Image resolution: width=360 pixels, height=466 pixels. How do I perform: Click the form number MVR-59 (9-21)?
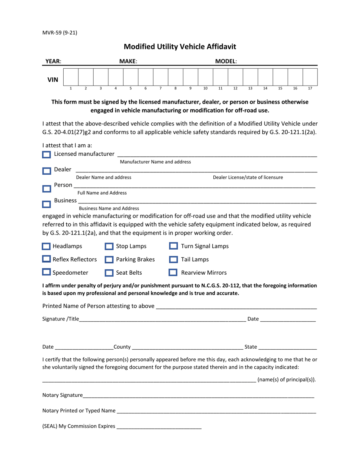point(59,33)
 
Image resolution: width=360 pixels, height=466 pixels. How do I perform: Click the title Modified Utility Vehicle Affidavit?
point(180,47)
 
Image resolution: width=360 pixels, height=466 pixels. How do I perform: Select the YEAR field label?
point(53,61)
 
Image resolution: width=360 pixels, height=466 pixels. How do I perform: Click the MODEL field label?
point(226,61)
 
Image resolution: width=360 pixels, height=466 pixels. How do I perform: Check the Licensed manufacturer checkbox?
point(46,155)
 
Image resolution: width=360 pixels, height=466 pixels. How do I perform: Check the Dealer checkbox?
point(46,171)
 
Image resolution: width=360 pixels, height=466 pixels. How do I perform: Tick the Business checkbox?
point(46,204)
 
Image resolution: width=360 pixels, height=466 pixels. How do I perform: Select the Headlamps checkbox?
point(46,247)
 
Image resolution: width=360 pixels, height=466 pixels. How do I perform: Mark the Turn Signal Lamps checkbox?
point(173,246)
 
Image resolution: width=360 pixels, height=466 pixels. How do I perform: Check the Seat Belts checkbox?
point(109,273)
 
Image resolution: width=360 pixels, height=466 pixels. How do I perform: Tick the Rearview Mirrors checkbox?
point(173,272)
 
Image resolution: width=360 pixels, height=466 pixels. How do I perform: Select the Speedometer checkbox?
point(46,272)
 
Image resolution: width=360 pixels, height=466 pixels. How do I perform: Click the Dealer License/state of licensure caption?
point(247,177)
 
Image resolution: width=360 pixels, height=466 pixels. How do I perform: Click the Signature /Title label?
point(61,319)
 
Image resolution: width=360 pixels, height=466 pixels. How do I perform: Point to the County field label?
point(122,347)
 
